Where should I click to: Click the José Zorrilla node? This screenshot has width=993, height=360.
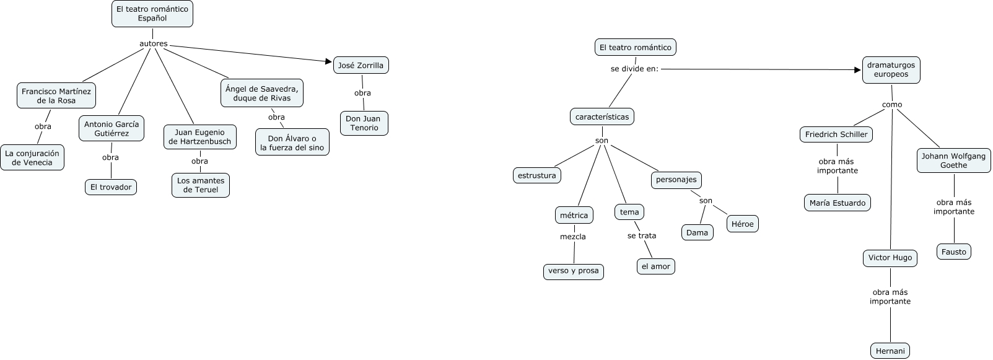pyautogui.click(x=361, y=65)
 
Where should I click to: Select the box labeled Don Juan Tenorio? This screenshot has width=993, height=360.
pyautogui.click(x=364, y=123)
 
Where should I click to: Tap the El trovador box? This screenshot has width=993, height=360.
pyautogui.click(x=111, y=187)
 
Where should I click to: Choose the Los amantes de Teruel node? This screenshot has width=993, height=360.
pyautogui.click(x=201, y=185)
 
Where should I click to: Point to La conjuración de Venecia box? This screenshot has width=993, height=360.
pyautogui.click(x=32, y=158)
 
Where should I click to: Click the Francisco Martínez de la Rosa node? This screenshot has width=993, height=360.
pyautogui.click(x=56, y=95)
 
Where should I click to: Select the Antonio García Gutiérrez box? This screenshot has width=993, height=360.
pyautogui.click(x=112, y=128)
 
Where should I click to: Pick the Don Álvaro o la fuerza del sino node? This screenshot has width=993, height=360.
pyautogui.click(x=292, y=143)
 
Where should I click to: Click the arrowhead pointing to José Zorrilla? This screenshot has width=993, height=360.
pyautogui.click(x=329, y=61)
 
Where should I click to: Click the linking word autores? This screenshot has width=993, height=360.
pyautogui.click(x=154, y=44)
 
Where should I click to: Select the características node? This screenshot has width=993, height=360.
pyautogui.click(x=601, y=116)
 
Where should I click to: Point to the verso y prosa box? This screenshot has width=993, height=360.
pyautogui.click(x=573, y=271)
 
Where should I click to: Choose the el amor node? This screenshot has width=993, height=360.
pyautogui.click(x=655, y=266)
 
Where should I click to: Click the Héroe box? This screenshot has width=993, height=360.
pyautogui.click(x=742, y=224)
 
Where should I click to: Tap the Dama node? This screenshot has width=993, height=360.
pyautogui.click(x=697, y=232)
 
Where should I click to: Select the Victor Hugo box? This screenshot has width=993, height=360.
pyautogui.click(x=890, y=258)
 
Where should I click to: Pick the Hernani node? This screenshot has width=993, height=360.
pyautogui.click(x=890, y=351)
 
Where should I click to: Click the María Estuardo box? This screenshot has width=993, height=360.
pyautogui.click(x=838, y=203)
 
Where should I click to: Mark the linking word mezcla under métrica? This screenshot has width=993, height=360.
pyautogui.click(x=573, y=237)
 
